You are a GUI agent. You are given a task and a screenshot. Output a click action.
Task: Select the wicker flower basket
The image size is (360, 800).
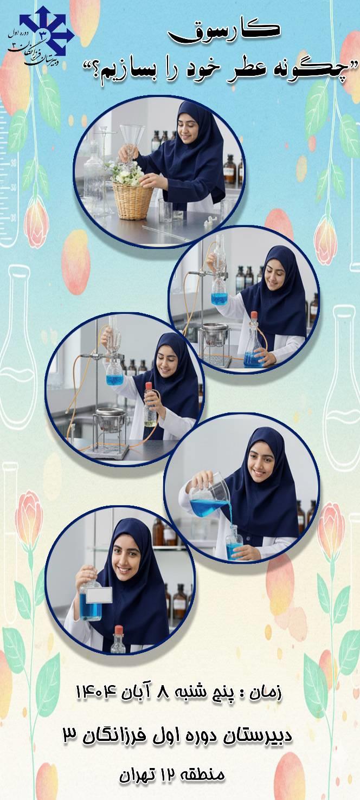click(x=132, y=199)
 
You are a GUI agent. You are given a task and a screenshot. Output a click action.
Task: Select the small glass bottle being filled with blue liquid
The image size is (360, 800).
click(x=234, y=543)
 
